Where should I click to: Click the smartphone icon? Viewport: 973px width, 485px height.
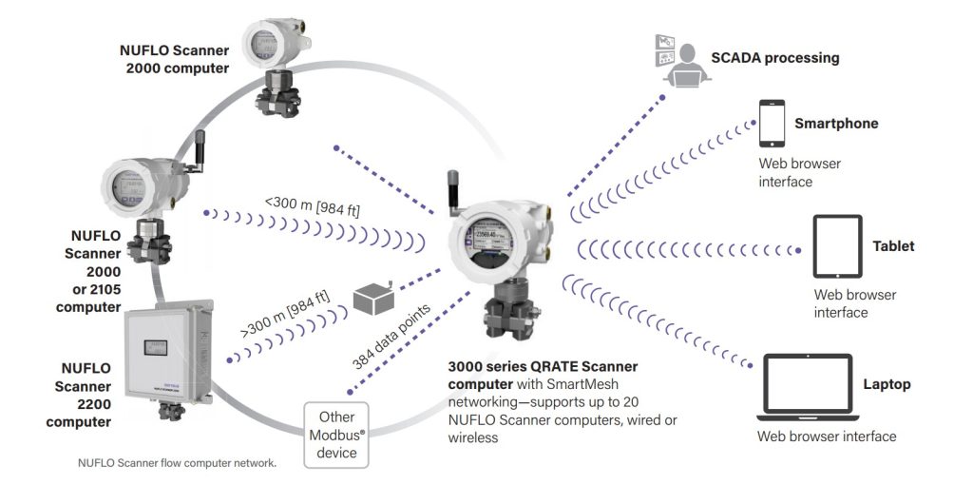click(x=771, y=122)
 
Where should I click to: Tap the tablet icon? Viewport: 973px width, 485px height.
click(x=837, y=246)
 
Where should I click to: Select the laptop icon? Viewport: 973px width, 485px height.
click(x=810, y=387)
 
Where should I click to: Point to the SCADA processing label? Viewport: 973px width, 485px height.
click(x=775, y=58)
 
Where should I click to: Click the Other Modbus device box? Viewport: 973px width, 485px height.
click(x=337, y=436)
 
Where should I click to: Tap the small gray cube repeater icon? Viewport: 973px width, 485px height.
click(x=372, y=299)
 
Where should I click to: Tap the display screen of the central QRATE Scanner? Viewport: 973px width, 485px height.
click(x=488, y=241)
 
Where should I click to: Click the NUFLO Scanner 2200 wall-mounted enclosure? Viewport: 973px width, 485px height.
click(x=166, y=348)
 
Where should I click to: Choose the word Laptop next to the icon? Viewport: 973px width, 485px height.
click(x=887, y=385)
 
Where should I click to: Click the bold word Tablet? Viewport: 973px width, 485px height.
click(x=893, y=246)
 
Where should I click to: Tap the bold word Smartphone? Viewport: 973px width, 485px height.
click(x=836, y=124)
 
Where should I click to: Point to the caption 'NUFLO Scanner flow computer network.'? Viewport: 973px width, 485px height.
click(x=177, y=463)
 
